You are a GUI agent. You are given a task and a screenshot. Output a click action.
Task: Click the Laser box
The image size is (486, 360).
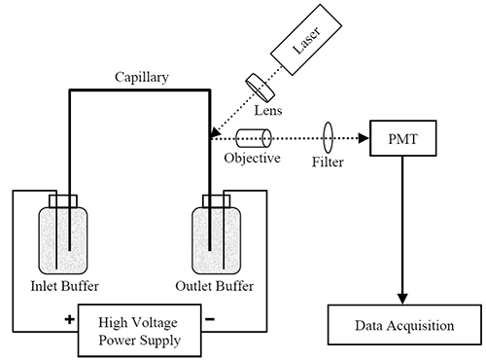pyautogui.click(x=306, y=40)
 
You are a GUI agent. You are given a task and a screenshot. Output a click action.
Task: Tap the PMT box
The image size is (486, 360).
pyautogui.click(x=403, y=138)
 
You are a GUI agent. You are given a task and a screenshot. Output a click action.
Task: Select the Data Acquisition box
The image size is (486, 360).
pyautogui.click(x=404, y=325)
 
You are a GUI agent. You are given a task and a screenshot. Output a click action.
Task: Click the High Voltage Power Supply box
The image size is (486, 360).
pyautogui.click(x=139, y=331)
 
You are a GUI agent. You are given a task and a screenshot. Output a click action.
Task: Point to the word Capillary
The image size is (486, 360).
pyautogui.click(x=142, y=78)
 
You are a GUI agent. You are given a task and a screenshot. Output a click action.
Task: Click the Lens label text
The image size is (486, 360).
pyautogui.click(x=268, y=111)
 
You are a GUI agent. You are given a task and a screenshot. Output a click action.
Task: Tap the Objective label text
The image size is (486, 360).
pyautogui.click(x=252, y=159)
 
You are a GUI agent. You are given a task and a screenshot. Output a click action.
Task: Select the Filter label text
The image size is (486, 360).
pyautogui.click(x=328, y=162)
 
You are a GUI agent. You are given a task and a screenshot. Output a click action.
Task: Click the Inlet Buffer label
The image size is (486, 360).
pyautogui.click(x=64, y=286)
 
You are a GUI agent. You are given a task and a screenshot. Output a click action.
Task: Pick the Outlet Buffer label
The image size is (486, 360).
pyautogui.click(x=215, y=286)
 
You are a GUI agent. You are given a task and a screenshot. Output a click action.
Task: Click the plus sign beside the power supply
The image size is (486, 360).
pyautogui.click(x=69, y=319)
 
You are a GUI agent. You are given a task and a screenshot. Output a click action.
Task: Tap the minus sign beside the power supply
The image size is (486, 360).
pyautogui.click(x=210, y=319)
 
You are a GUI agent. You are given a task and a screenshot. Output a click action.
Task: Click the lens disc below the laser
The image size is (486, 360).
pyautogui.click(x=260, y=88)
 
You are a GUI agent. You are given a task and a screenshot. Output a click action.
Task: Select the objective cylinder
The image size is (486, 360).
pyautogui.click(x=254, y=138)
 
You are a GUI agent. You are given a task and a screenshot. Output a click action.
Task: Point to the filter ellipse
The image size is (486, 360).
pyautogui.click(x=329, y=137)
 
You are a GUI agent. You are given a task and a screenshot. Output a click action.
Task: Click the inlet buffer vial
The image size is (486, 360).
pyautogui.click(x=63, y=240)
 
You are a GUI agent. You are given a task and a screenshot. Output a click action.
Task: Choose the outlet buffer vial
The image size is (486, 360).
pyautogui.click(x=217, y=240)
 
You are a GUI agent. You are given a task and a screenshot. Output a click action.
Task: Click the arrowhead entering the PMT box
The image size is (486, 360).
pyautogui.click(x=364, y=138)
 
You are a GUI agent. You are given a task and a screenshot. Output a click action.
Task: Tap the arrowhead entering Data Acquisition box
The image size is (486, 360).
pyautogui.click(x=402, y=299)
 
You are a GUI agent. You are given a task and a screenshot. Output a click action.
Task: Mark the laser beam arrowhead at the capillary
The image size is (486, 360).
pyautogui.click(x=215, y=132)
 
